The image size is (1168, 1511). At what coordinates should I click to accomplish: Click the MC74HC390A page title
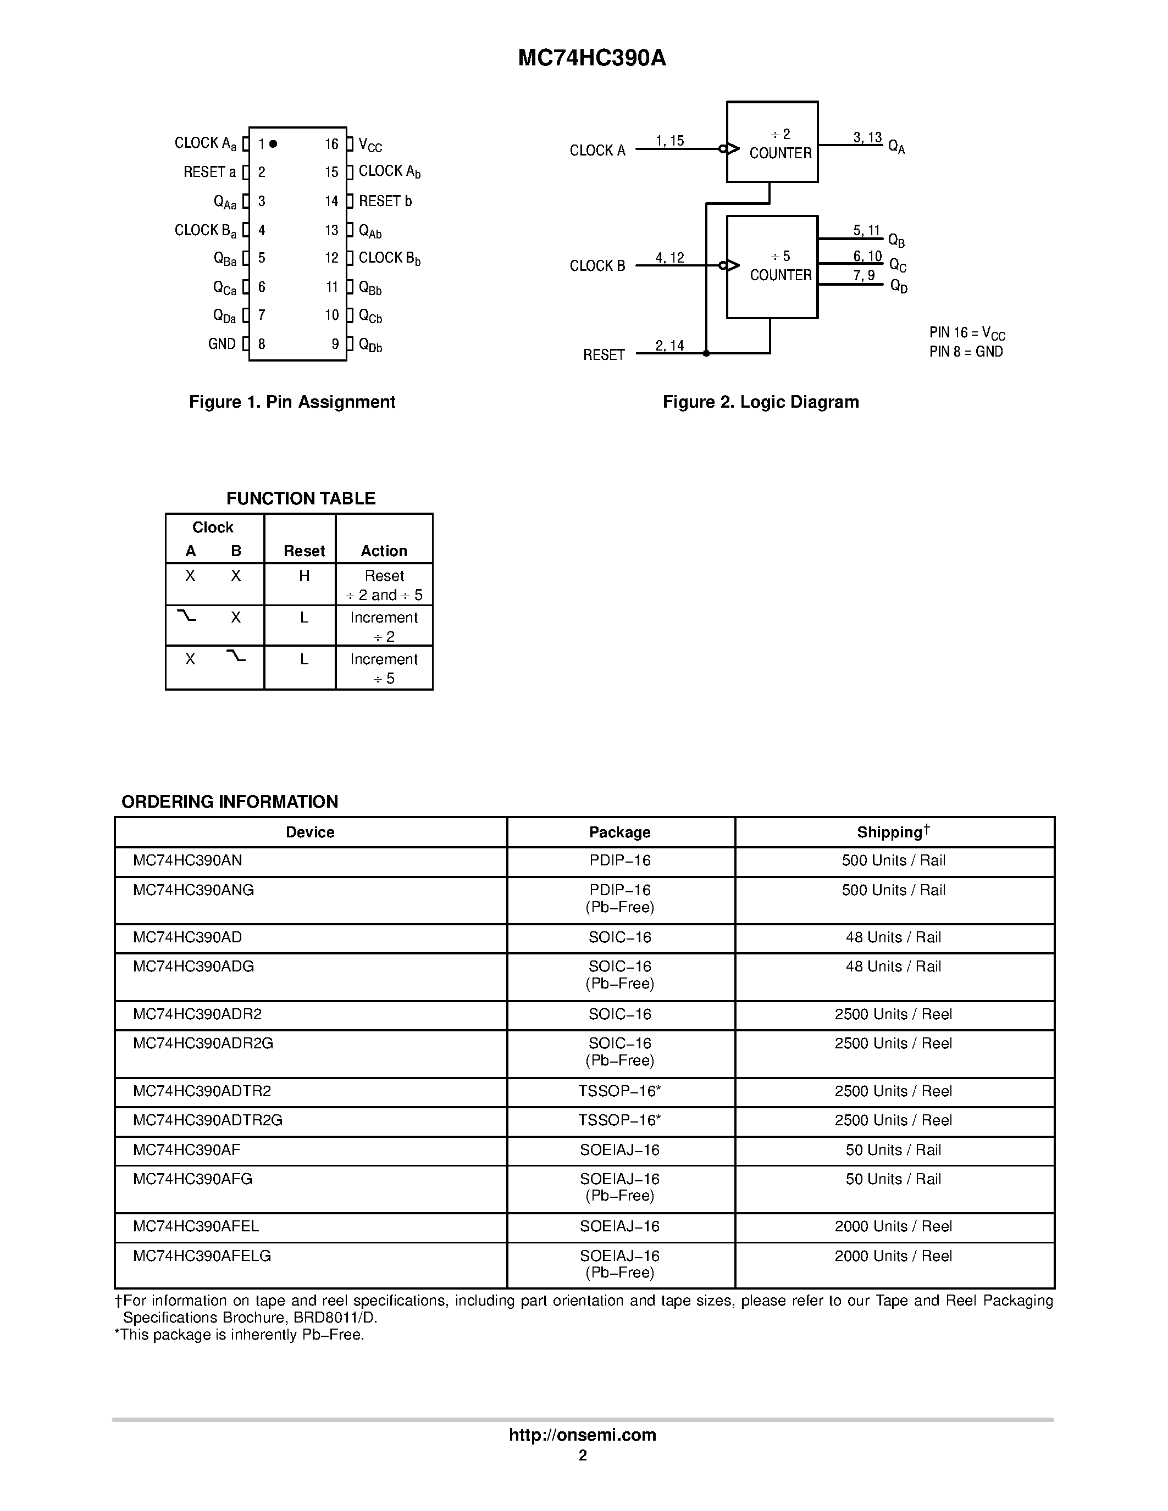pos(591,58)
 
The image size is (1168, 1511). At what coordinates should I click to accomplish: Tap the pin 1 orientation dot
pos(273,144)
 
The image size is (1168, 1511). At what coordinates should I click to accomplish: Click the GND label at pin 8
pos(222,344)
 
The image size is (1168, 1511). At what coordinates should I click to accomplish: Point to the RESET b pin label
pos(385,201)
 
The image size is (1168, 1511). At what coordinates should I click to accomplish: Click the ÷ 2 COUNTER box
pos(772,142)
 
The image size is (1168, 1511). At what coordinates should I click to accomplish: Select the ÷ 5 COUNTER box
pos(772,266)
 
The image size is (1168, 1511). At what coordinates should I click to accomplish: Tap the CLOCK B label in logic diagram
pos(597,266)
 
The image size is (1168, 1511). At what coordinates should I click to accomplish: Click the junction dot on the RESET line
pos(706,353)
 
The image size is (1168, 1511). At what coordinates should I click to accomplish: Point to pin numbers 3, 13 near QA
pos(867,138)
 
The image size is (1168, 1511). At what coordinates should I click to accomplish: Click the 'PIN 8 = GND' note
pos(966,352)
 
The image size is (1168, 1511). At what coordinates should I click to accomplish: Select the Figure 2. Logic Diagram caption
pos(761,402)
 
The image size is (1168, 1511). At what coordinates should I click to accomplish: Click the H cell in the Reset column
pos(304,576)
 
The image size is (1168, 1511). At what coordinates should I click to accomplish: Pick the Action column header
pos(384,551)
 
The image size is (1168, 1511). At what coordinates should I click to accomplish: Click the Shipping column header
pos(893,832)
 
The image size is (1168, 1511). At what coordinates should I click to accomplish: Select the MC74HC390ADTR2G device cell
pos(208,1120)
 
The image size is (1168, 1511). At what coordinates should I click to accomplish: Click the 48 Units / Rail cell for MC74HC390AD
pos(893,937)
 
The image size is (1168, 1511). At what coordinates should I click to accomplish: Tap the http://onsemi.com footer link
pos(583,1435)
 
